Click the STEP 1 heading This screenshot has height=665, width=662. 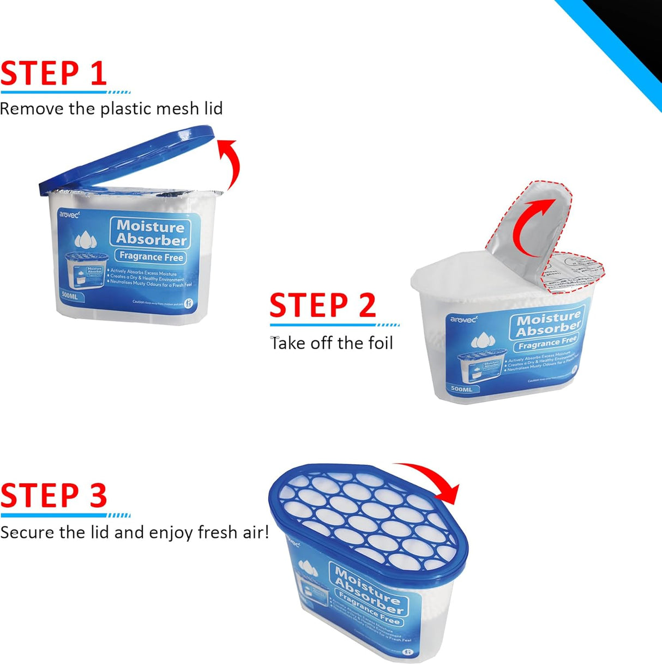pyautogui.click(x=53, y=74)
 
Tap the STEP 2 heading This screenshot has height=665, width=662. pyautogui.click(x=322, y=305)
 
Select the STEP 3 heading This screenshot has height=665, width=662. pyautogui.click(x=53, y=495)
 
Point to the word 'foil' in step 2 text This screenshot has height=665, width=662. pyautogui.click(x=380, y=343)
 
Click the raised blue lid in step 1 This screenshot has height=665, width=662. pyautogui.click(x=125, y=158)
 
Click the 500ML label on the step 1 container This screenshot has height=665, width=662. pyautogui.click(x=70, y=296)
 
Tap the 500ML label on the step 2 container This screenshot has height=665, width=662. pyautogui.click(x=461, y=389)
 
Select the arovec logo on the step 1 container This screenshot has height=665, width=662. pyautogui.click(x=69, y=214)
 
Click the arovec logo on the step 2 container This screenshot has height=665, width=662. pyautogui.click(x=463, y=319)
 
